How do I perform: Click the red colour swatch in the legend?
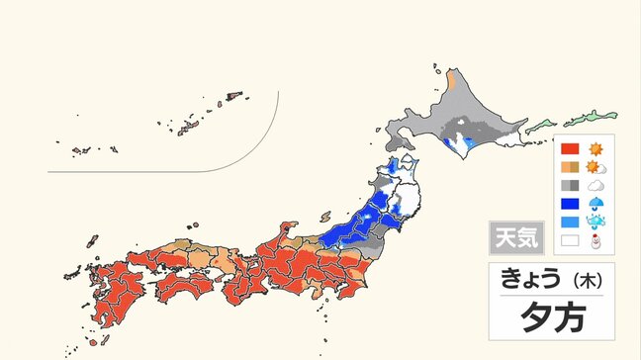point(570,149)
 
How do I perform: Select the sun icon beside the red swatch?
point(596,149)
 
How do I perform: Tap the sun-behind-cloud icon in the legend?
point(596,167)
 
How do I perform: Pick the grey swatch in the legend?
point(570,185)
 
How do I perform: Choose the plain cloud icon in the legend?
point(596,185)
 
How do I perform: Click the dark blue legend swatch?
point(570,204)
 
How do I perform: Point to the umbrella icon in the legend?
point(596,204)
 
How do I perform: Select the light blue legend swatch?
point(570,222)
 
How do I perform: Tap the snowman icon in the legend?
point(596,240)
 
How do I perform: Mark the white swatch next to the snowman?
point(570,240)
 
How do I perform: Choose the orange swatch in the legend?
point(570,167)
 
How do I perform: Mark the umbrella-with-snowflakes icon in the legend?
point(596,222)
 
